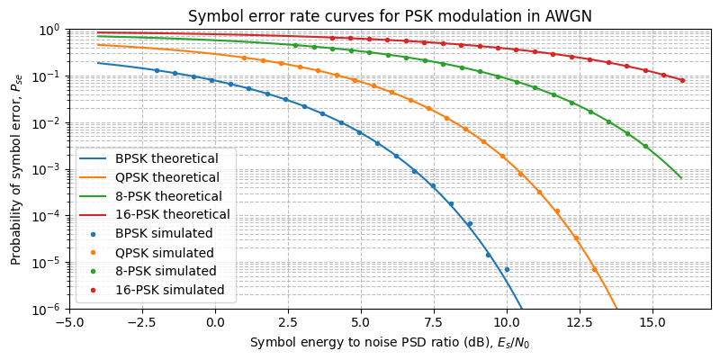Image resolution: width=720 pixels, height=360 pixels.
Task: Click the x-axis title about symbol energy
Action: [390, 342]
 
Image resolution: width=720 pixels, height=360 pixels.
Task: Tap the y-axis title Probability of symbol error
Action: [16, 169]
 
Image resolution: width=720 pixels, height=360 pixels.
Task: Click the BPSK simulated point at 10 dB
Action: [507, 269]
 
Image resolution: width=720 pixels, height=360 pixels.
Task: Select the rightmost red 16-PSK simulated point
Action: [681, 80]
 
